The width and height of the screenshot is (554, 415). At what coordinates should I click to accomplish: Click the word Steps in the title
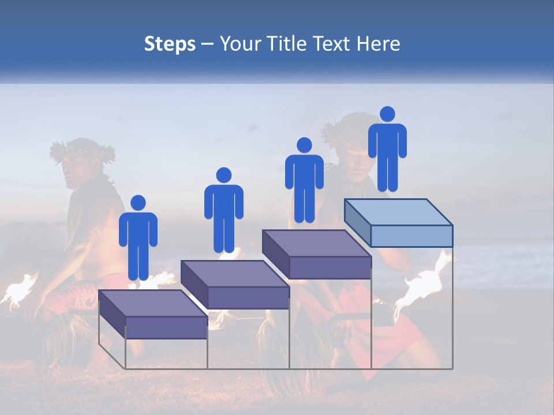click(x=170, y=44)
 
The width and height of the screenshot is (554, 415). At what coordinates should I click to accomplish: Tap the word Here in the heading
click(x=377, y=44)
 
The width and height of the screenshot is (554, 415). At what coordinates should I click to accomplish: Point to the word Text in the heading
click(x=331, y=44)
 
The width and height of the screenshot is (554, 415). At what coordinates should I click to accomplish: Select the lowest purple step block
click(x=154, y=314)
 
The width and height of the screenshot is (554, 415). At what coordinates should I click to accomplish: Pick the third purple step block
click(x=317, y=254)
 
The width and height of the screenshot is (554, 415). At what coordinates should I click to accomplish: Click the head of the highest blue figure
click(x=387, y=114)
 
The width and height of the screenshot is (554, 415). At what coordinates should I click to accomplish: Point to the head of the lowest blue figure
click(x=138, y=203)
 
